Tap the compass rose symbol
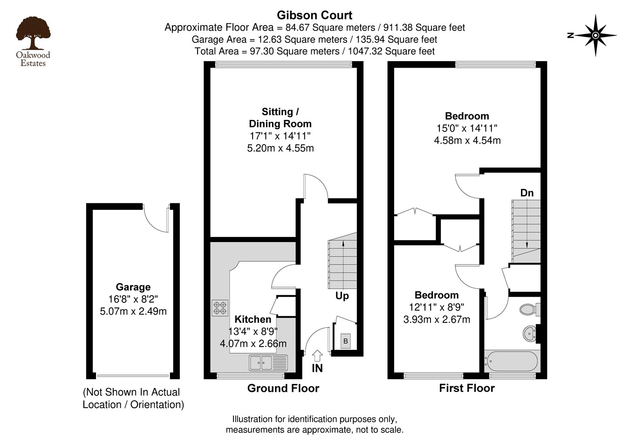pyautogui.click(x=595, y=35)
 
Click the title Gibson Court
pyautogui.click(x=314, y=15)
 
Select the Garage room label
pyautogui.click(x=133, y=287)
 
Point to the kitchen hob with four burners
pyautogui.click(x=220, y=308)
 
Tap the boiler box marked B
pyautogui.click(x=345, y=341)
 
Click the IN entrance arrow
pyautogui.click(x=317, y=356)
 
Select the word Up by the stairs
pyautogui.click(x=342, y=296)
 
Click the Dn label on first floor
pyautogui.click(x=527, y=193)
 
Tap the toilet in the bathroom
pyautogui.click(x=529, y=309)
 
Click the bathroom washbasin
pyautogui.click(x=529, y=334)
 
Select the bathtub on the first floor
pyautogui.click(x=511, y=362)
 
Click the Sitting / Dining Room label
pyautogui.click(x=280, y=118)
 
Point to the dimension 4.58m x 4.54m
pyautogui.click(x=467, y=140)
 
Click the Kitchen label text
pyautogui.click(x=253, y=320)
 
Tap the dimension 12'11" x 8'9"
pyautogui.click(x=437, y=307)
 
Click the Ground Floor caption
pyautogui.click(x=283, y=388)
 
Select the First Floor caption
pyautogui.click(x=466, y=388)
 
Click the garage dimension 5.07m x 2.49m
pyautogui.click(x=133, y=311)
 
